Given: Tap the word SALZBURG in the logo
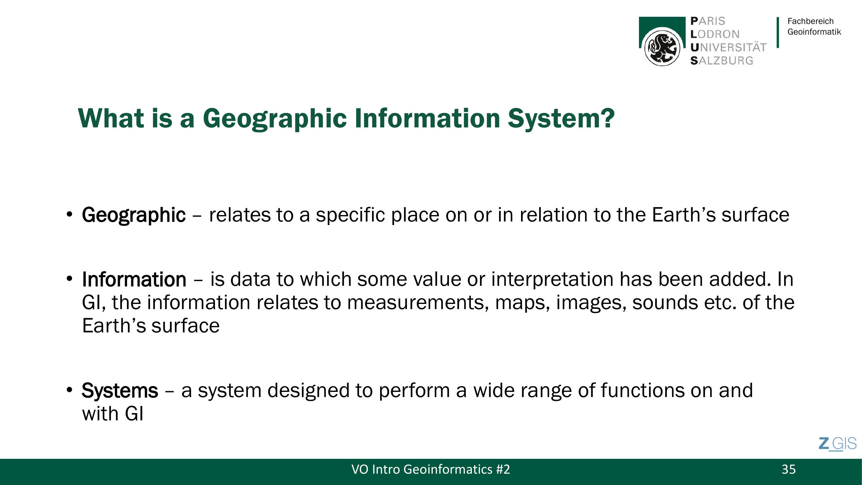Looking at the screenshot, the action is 722,60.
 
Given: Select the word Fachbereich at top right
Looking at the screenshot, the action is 811,21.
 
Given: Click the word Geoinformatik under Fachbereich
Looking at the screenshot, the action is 814,32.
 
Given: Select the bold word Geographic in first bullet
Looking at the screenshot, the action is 133,215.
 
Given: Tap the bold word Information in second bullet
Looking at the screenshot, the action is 134,279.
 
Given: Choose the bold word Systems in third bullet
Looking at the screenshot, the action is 120,391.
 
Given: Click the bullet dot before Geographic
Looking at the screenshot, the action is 69,214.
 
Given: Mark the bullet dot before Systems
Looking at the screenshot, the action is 69,390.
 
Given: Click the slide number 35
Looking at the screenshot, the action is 788,469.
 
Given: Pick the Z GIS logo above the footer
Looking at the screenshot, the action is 837,444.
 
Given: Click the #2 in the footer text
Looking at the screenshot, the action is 503,469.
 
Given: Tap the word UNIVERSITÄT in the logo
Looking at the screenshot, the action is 728,48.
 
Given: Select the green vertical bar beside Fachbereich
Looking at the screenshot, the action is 778,32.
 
